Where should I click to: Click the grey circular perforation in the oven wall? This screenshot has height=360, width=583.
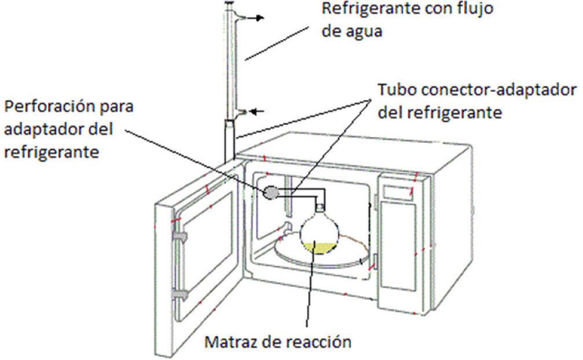[x=270, y=193]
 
